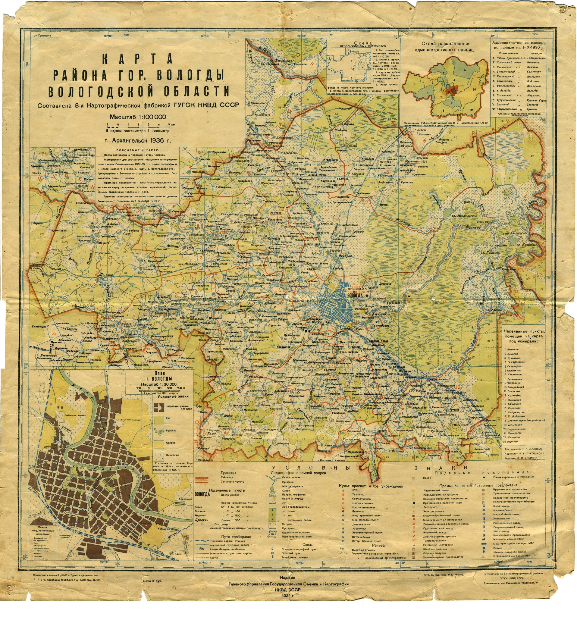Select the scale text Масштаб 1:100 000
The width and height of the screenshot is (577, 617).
[x=138, y=117]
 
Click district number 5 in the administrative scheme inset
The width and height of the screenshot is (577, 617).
[x=464, y=70]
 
